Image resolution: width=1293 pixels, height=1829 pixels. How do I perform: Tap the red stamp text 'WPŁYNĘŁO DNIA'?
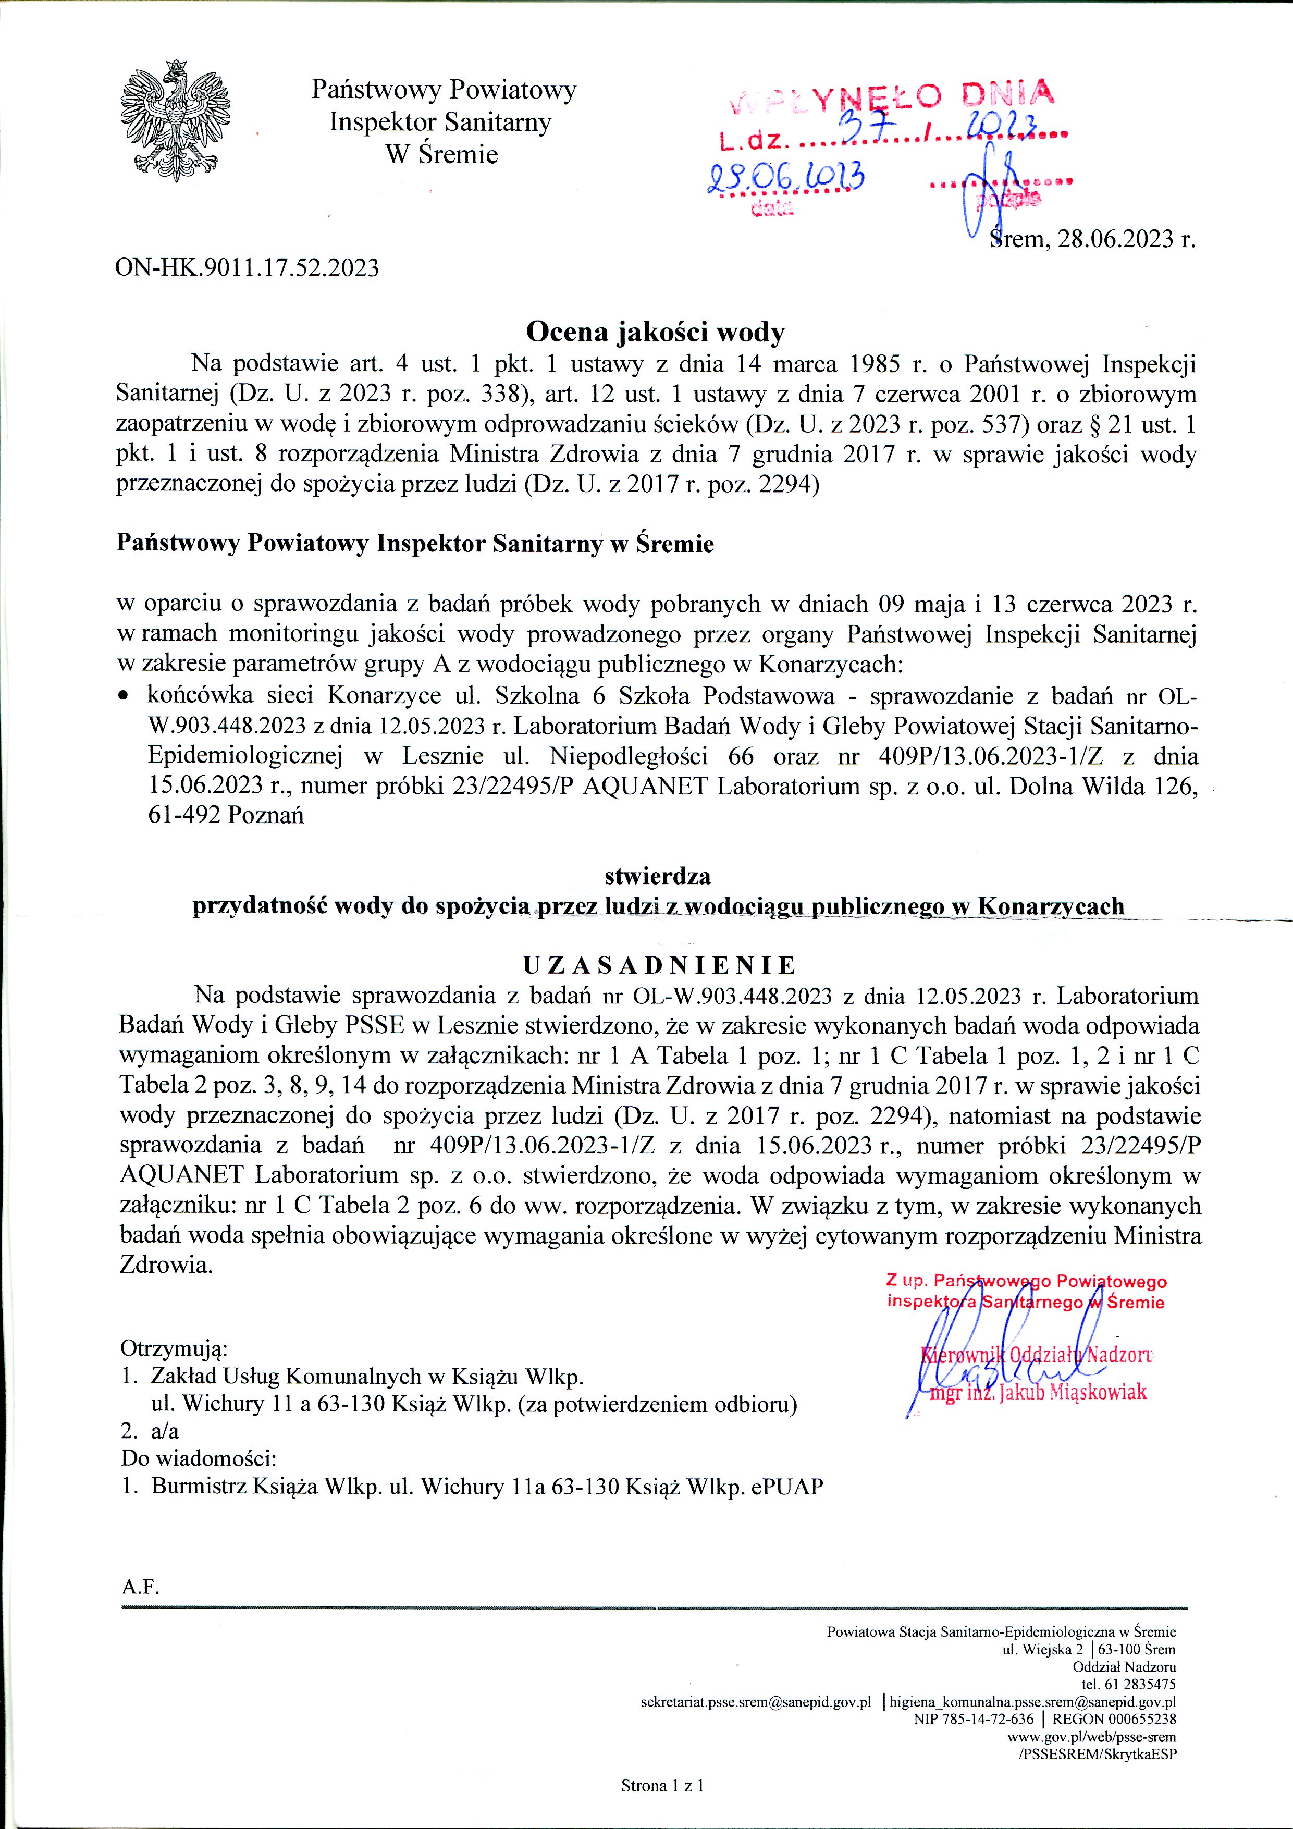892,98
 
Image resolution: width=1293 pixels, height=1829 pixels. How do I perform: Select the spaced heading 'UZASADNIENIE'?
659,965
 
